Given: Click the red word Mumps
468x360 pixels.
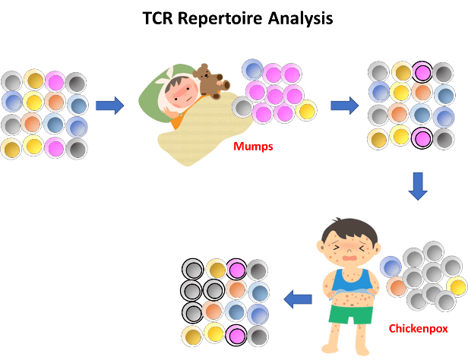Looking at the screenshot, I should coord(252,147).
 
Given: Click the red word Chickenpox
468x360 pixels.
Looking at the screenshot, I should coord(417,329).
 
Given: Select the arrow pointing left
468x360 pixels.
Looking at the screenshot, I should coord(298,300).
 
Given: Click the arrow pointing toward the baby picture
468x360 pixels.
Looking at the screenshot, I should coord(109,106).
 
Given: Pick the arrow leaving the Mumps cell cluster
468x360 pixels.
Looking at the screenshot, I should coord(344,106).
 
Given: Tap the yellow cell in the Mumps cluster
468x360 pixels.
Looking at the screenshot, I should coord(306,110).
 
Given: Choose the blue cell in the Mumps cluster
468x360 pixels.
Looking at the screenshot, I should coord(252,70).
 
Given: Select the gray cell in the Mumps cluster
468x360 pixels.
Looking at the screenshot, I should coord(242,107).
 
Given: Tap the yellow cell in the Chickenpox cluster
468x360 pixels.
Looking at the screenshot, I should coord(457,286).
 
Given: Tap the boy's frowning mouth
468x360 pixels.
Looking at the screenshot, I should coord(349,257).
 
